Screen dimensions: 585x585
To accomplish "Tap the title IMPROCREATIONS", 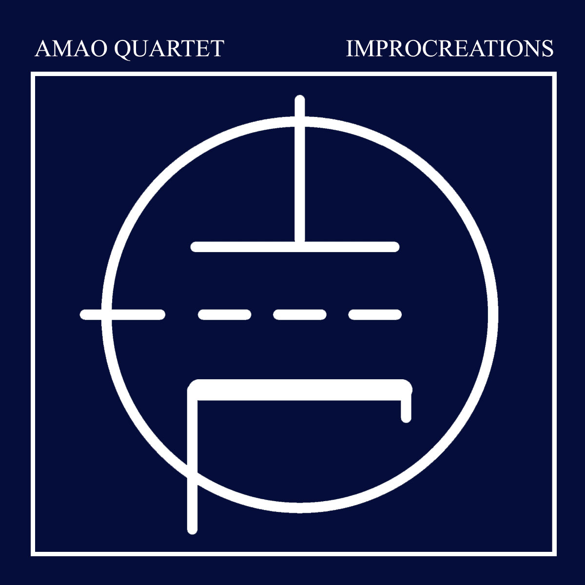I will (x=449, y=49).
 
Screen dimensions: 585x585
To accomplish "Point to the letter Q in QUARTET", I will (x=122, y=49).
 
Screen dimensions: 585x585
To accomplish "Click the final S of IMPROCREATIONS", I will (x=547, y=49).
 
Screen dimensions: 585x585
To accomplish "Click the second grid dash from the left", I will (x=224, y=315).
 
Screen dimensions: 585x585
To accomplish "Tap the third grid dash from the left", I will (x=299, y=315).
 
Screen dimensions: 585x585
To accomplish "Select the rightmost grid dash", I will (x=375, y=315).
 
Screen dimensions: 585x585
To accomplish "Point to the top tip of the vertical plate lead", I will (x=300, y=100).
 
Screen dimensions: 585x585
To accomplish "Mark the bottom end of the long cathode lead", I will (x=193, y=527).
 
